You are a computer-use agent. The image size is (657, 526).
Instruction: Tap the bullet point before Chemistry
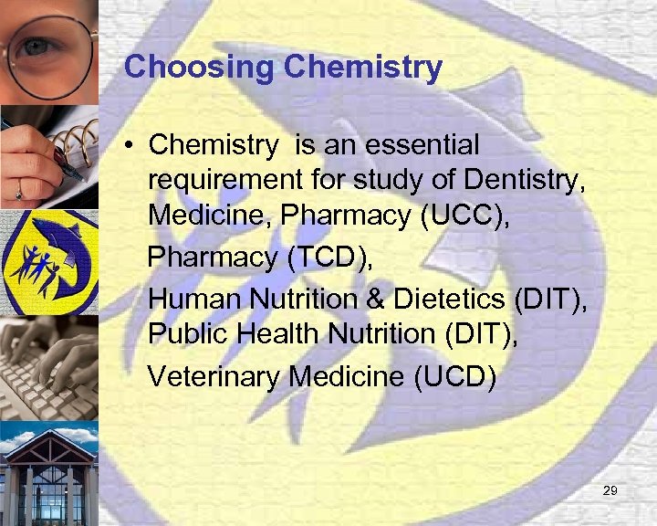pyautogui.click(x=131, y=146)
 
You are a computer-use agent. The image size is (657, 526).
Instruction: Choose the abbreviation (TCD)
pyautogui.click(x=329, y=258)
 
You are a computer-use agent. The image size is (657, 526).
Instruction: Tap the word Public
pyautogui.click(x=186, y=335)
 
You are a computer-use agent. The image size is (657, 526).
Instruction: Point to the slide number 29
pyautogui.click(x=610, y=491)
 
